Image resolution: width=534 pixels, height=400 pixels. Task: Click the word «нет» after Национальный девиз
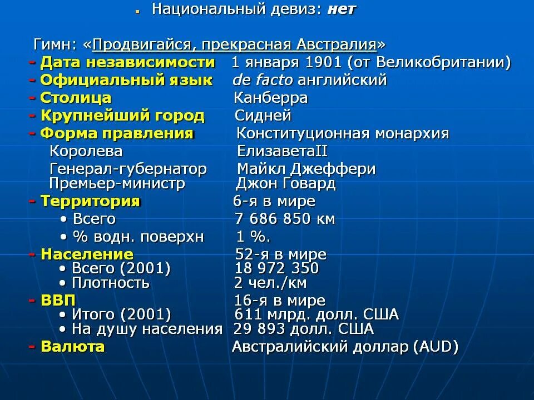click(341, 9)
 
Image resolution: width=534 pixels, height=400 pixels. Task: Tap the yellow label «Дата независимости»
click(127, 62)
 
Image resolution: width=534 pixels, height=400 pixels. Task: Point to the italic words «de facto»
click(263, 80)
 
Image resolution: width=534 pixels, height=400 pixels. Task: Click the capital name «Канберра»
click(271, 98)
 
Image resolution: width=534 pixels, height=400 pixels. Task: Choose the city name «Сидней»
click(263, 116)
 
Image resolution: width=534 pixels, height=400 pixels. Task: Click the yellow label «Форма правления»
click(117, 133)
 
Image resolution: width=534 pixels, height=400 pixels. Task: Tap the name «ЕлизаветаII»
click(282, 151)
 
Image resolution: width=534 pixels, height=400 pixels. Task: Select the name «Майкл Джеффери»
click(306, 169)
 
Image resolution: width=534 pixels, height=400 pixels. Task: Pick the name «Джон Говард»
click(286, 183)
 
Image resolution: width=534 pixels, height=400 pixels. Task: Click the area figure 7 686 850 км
click(285, 219)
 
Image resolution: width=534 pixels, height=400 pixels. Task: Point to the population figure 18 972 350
click(277, 269)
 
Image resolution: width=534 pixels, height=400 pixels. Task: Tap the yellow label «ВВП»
click(58, 301)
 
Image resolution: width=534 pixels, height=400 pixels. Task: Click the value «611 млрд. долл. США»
click(317, 314)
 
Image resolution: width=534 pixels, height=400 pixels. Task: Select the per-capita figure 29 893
click(259, 329)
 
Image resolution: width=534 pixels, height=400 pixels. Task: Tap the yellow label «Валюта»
click(72, 347)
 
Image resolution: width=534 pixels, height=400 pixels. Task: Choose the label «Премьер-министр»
click(117, 183)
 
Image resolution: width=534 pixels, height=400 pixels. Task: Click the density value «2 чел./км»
click(270, 283)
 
